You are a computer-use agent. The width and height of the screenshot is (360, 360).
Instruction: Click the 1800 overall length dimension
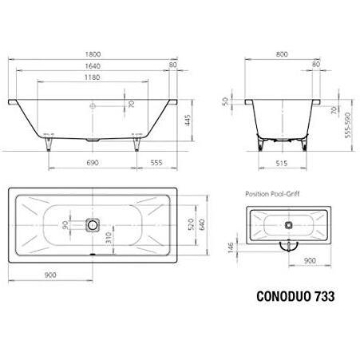[93, 54]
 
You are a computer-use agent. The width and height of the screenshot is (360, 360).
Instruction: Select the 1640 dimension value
[93, 66]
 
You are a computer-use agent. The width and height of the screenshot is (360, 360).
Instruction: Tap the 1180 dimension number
[93, 77]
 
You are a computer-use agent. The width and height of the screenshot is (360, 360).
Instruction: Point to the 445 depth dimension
[188, 121]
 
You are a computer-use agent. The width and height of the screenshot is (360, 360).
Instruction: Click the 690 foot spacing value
[93, 163]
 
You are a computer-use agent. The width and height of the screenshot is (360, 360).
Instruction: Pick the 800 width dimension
[282, 54]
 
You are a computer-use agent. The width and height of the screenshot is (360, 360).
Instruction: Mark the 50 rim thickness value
[225, 101]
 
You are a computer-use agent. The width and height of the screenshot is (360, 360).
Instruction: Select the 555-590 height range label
[348, 125]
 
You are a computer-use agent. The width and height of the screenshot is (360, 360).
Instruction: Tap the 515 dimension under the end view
[282, 163]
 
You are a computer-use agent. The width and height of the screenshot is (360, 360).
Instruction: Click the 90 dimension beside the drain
[65, 225]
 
